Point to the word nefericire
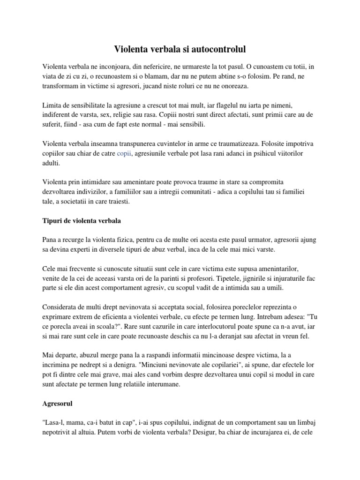tap(161, 66)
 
